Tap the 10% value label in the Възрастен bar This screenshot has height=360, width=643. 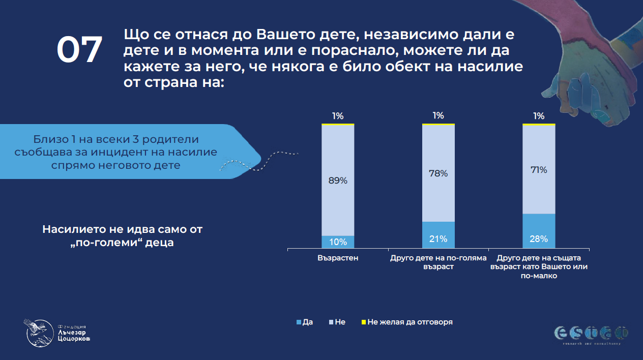pyautogui.click(x=338, y=242)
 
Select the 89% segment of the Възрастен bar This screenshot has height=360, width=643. pyautogui.click(x=338, y=180)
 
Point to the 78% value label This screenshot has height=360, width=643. pyautogui.click(x=438, y=173)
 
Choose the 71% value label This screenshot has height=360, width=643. pyautogui.click(x=539, y=170)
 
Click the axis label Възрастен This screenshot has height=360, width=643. pyautogui.click(x=338, y=258)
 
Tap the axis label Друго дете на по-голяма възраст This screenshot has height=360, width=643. pyautogui.click(x=438, y=262)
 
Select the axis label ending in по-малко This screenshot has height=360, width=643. pyautogui.click(x=539, y=266)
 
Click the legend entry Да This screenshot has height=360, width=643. pyautogui.click(x=304, y=322)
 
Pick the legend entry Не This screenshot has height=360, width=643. pyautogui.click(x=338, y=322)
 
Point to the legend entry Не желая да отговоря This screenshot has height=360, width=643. pyautogui.click(x=406, y=322)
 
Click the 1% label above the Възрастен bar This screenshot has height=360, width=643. pyautogui.click(x=338, y=115)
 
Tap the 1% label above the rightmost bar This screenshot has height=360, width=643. pyautogui.click(x=539, y=115)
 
